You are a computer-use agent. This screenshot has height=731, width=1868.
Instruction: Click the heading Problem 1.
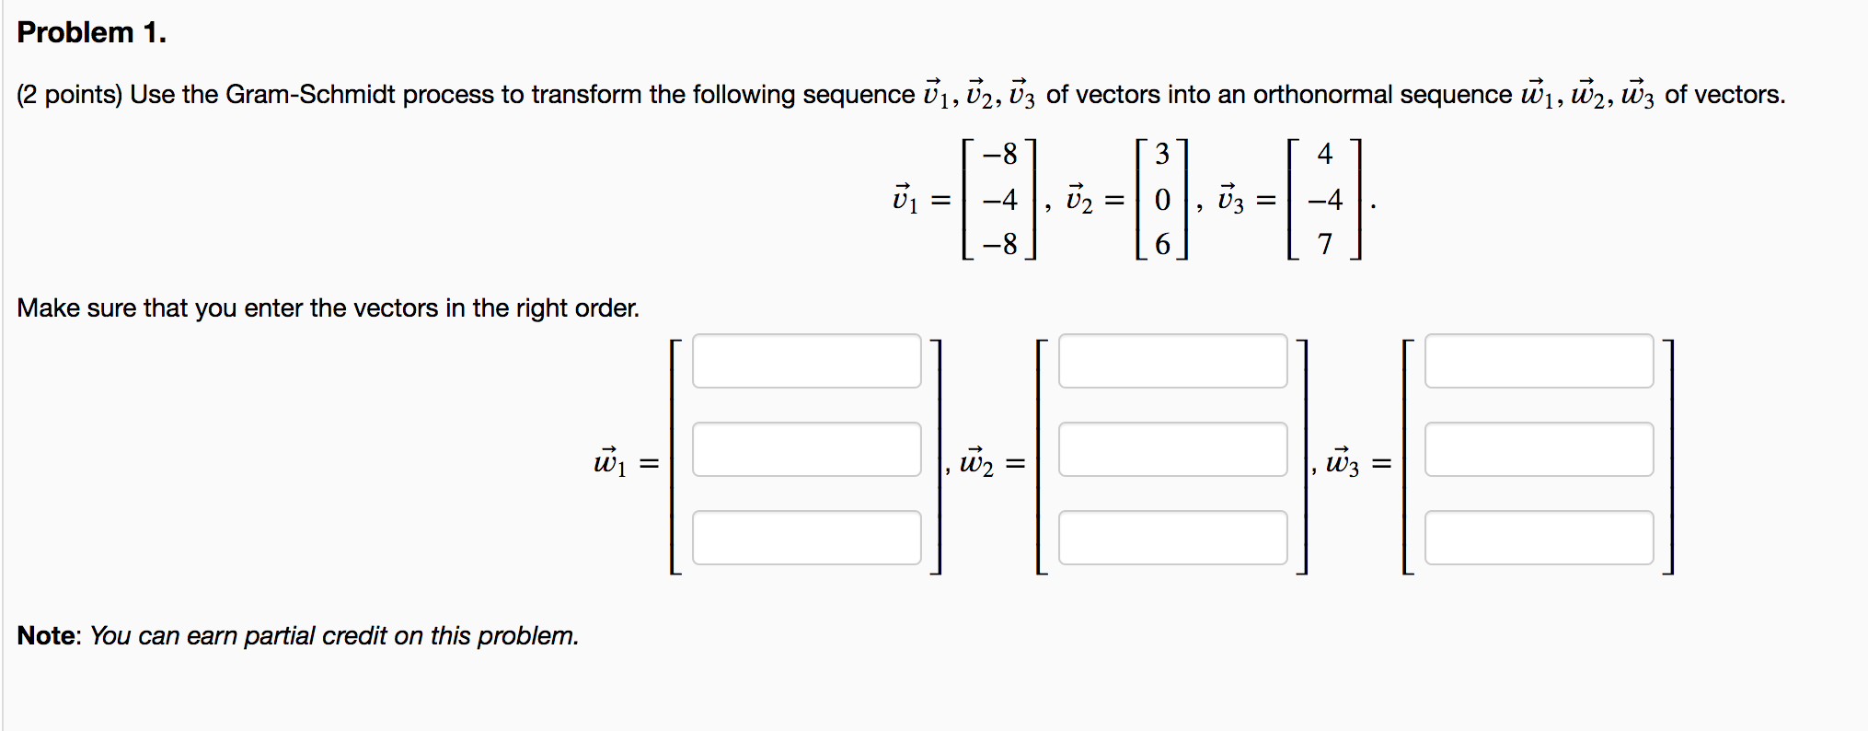click(x=91, y=33)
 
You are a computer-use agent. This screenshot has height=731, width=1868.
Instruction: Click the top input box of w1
click(x=806, y=361)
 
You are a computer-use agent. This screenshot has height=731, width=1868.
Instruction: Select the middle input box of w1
click(x=806, y=449)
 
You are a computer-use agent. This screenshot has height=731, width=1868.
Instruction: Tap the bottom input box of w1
click(x=806, y=538)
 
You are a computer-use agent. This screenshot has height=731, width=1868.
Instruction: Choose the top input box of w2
click(x=1172, y=361)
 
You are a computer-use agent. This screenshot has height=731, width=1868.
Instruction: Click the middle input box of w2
click(x=1172, y=449)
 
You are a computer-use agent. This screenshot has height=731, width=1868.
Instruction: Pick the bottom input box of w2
click(x=1172, y=538)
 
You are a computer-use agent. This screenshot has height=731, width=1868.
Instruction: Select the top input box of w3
click(x=1539, y=361)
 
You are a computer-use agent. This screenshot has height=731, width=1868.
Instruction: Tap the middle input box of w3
click(x=1539, y=449)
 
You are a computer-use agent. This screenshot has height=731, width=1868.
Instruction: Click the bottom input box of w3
click(x=1539, y=538)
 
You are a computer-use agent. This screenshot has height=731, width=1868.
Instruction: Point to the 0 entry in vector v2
click(x=1162, y=200)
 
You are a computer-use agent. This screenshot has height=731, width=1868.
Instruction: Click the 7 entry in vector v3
click(x=1324, y=244)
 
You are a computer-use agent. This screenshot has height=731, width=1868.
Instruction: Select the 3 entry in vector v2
click(x=1162, y=154)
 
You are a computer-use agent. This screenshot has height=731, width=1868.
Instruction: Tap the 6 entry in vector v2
click(x=1162, y=244)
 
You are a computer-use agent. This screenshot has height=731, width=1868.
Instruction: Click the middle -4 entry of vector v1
click(x=999, y=200)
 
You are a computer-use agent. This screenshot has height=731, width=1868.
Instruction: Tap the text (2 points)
click(x=69, y=95)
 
